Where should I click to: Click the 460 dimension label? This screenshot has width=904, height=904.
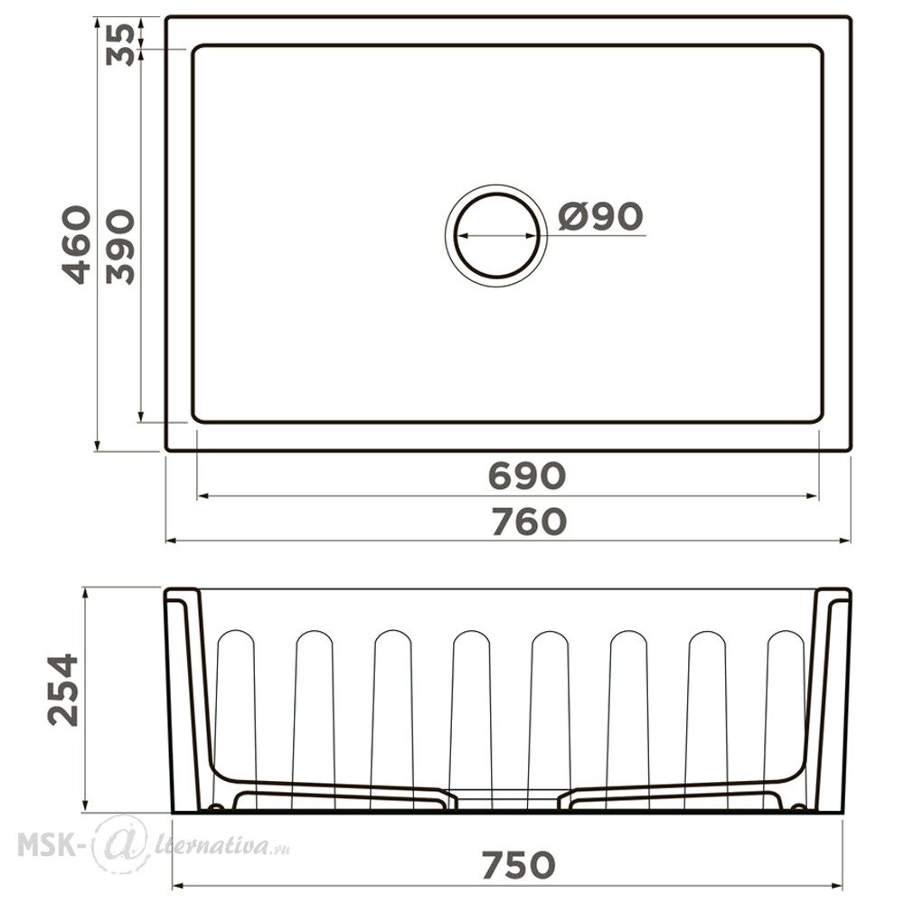click(x=77, y=245)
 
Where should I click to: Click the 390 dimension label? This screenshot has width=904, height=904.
click(x=120, y=247)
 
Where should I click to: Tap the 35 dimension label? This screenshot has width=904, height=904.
click(x=121, y=44)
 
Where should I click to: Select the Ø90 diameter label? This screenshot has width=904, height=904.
click(x=600, y=216)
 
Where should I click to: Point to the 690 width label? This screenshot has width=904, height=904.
click(x=527, y=476)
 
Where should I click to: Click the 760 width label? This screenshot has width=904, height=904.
click(x=529, y=522)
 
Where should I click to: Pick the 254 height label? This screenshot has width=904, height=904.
click(x=63, y=690)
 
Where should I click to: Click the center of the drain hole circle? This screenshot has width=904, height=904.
click(x=496, y=236)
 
